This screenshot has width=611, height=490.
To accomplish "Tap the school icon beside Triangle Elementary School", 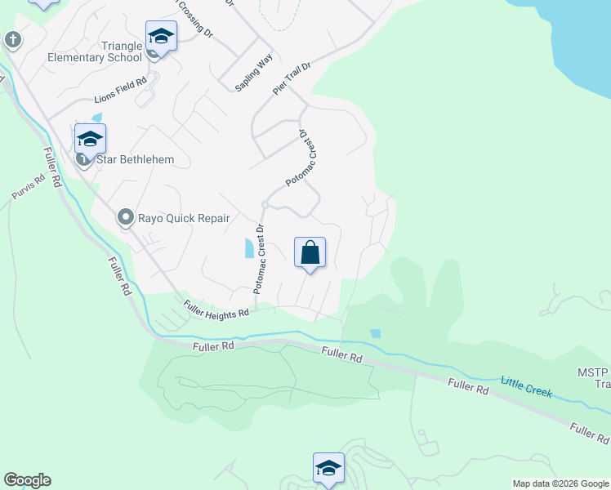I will click(161, 37).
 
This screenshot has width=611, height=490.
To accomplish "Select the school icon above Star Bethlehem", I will click(90, 139).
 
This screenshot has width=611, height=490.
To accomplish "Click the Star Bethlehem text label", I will click(135, 159).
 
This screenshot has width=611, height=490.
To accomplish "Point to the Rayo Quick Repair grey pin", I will click(125, 217).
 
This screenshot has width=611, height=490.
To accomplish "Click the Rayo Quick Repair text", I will click(183, 218).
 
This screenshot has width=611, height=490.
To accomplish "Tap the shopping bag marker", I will click(310, 252).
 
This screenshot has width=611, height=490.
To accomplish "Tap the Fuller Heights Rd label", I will click(216, 310).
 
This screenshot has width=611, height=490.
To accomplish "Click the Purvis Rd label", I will click(29, 189).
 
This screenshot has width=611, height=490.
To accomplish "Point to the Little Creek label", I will click(526, 387).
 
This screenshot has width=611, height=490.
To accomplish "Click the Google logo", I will click(27, 480).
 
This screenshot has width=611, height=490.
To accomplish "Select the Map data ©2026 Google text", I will click(560, 483).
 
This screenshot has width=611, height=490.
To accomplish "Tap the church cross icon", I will click(12, 38).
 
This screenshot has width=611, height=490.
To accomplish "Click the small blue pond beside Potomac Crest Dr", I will click(249, 248).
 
